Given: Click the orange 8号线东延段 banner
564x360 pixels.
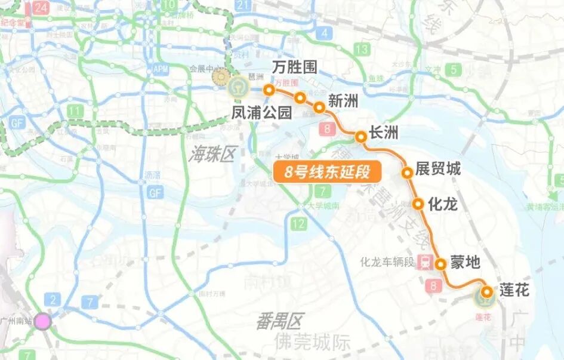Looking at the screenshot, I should coord(327,172).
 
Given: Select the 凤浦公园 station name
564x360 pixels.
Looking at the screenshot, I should coord(262,112).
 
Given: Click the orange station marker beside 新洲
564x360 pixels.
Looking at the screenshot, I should coord(319,107).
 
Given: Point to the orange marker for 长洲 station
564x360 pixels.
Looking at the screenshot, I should coord(360,137).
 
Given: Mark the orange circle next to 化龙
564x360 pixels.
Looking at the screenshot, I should coord(418,204).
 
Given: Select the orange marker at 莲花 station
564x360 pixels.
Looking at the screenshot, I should coord(487,292).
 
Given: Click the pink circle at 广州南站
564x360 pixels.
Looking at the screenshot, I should coord(42,322).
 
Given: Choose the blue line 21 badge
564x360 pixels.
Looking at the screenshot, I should coord(242,5).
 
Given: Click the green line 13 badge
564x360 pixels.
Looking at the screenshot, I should coord(362,49).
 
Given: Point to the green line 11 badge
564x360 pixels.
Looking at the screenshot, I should coord(75,111).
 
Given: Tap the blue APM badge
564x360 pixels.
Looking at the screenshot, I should coord(161,69).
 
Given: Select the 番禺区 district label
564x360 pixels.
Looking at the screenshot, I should coord(280,321).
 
